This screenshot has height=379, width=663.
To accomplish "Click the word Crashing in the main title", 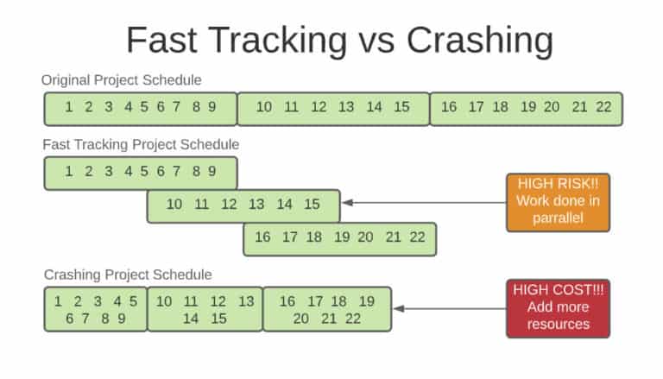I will pyautogui.click(x=480, y=41).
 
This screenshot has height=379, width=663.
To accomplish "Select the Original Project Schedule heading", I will pyautogui.click(x=122, y=80).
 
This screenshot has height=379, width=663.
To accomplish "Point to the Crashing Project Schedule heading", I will pyautogui.click(x=128, y=275).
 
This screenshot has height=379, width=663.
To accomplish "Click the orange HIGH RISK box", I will pyautogui.click(x=558, y=202).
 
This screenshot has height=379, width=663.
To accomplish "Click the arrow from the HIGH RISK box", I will pyautogui.click(x=423, y=204).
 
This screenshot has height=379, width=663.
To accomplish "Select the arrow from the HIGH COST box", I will pyautogui.click(x=449, y=308).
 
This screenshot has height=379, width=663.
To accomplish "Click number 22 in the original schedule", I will pyautogui.click(x=603, y=107).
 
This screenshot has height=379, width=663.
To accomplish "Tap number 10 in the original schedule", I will pyautogui.click(x=264, y=107).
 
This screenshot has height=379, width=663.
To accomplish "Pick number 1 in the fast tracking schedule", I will pyautogui.click(x=68, y=171).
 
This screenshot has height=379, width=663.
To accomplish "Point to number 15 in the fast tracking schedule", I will pyautogui.click(x=312, y=205).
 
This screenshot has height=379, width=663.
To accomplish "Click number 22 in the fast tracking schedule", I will pyautogui.click(x=417, y=237).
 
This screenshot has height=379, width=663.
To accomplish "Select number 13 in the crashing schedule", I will pyautogui.click(x=246, y=301).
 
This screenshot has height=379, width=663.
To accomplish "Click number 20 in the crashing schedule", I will pyautogui.click(x=300, y=318).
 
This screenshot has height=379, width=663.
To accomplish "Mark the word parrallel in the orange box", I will pyautogui.click(x=558, y=218).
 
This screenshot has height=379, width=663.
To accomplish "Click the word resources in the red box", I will pyautogui.click(x=558, y=324).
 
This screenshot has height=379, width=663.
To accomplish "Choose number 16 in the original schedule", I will pyautogui.click(x=449, y=107).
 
